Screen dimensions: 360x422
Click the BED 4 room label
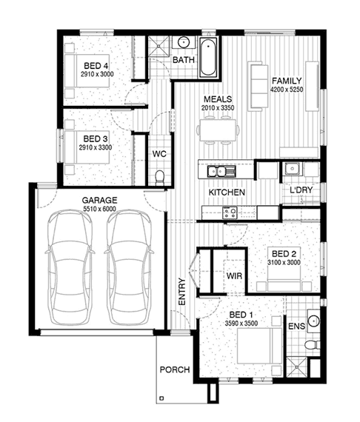pyautogui.click(x=96, y=66)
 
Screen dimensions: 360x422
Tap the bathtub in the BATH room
pyautogui.click(x=208, y=57)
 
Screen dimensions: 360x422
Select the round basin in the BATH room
pyautogui.click(x=184, y=42)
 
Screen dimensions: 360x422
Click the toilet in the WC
pyautogui.click(x=160, y=177)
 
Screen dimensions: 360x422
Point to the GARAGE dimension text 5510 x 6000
pyautogui.click(x=99, y=209)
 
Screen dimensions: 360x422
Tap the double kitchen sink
pyautogui.click(x=221, y=172)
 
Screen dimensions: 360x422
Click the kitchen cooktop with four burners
pyautogui.click(x=230, y=212)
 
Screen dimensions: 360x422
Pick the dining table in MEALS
pyautogui.click(x=218, y=130)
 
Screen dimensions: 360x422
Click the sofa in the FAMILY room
pyautogui.click(x=258, y=86)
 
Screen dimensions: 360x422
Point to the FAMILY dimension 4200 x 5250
pyautogui.click(x=287, y=90)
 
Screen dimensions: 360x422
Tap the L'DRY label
pyautogui.click(x=301, y=190)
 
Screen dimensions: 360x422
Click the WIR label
pyautogui.click(x=234, y=276)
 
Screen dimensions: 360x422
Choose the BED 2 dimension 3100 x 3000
pyautogui.click(x=284, y=262)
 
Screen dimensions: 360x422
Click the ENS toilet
pyautogui.click(x=313, y=344)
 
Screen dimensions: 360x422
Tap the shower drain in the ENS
pyautogui.click(x=296, y=367)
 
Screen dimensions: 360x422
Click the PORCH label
pyautogui.click(x=175, y=369)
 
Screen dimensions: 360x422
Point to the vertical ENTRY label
pyautogui.click(x=182, y=292)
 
